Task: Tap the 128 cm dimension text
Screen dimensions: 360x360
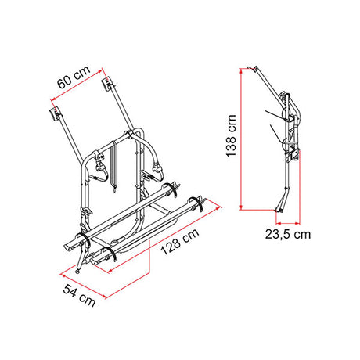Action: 180,242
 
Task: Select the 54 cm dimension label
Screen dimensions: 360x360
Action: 79,296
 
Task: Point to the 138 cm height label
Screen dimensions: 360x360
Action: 232,136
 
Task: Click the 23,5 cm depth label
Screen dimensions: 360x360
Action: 288,234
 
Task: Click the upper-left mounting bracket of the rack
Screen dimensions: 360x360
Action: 56,114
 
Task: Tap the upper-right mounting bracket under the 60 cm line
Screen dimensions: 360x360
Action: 107,83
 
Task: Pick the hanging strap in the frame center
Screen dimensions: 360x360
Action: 113,166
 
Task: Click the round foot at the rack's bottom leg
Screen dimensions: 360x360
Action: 77,272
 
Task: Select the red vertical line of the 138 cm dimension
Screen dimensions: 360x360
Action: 241,139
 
